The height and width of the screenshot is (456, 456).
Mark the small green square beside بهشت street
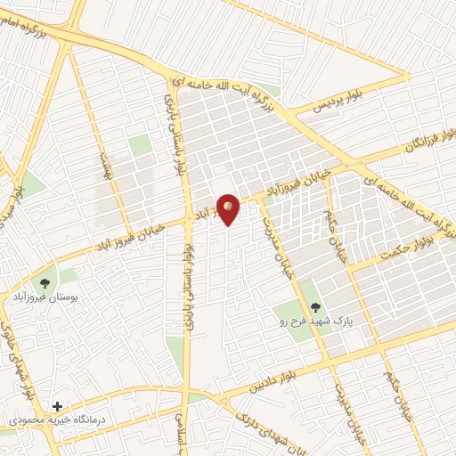pos(138,145)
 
